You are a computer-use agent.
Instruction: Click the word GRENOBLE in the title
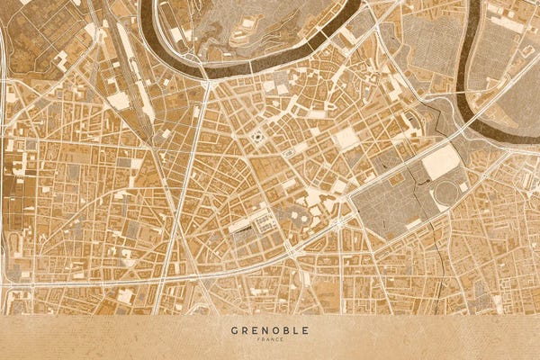click(x=270, y=330)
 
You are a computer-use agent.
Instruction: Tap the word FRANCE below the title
click(x=270, y=340)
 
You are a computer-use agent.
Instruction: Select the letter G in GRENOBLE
click(x=234, y=330)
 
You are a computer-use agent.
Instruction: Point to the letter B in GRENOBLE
click(x=285, y=330)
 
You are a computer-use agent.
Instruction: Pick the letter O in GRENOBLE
click(x=274, y=330)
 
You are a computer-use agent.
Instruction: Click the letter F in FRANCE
click(x=259, y=340)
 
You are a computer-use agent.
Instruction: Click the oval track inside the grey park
click(x=445, y=193)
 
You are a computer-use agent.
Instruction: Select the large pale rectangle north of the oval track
click(x=441, y=162)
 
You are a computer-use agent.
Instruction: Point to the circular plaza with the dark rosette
click(x=258, y=137)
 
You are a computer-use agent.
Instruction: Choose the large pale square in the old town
click(x=346, y=139)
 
